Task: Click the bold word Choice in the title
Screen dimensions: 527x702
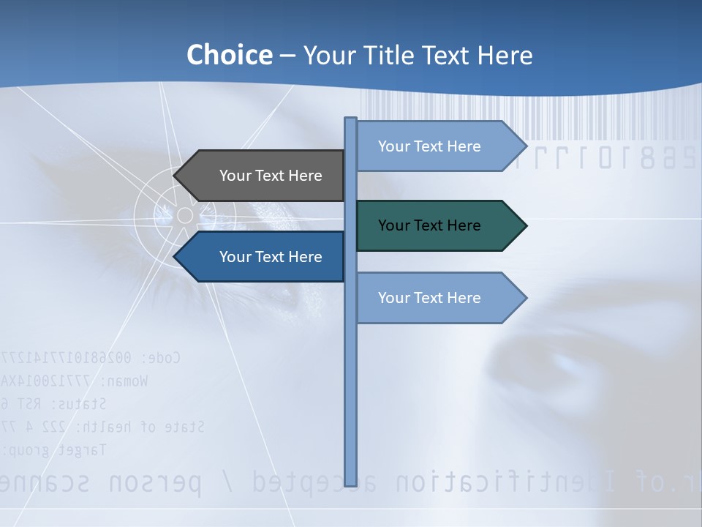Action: (229, 55)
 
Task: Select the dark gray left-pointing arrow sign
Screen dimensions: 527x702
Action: (263, 176)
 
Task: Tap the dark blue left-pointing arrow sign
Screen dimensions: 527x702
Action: (263, 257)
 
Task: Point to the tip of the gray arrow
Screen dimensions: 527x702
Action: (175, 176)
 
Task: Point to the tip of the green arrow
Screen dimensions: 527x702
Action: (525, 225)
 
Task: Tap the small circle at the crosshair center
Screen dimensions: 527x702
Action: (185, 215)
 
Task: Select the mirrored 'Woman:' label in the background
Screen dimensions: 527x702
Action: (124, 381)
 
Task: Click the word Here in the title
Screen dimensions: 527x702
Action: (505, 55)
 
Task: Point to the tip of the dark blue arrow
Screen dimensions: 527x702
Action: (175, 257)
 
